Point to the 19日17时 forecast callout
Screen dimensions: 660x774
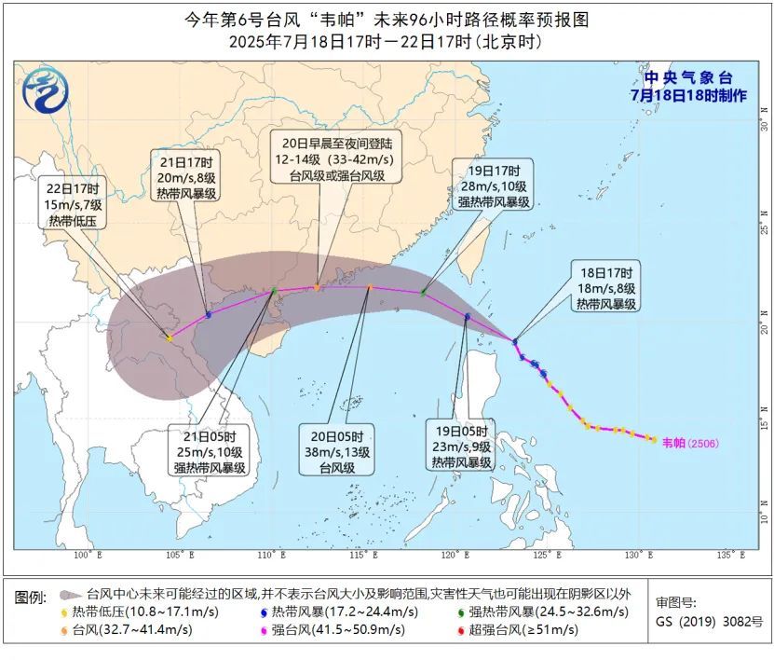pos(492,186)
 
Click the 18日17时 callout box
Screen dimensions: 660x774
pos(606,289)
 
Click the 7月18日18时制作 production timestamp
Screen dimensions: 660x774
pos(688,95)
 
